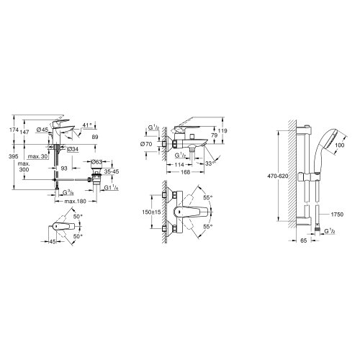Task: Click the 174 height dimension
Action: [12, 130]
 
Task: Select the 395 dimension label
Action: [12, 156]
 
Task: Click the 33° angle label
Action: [208, 164]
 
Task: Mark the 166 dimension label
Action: [186, 172]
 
